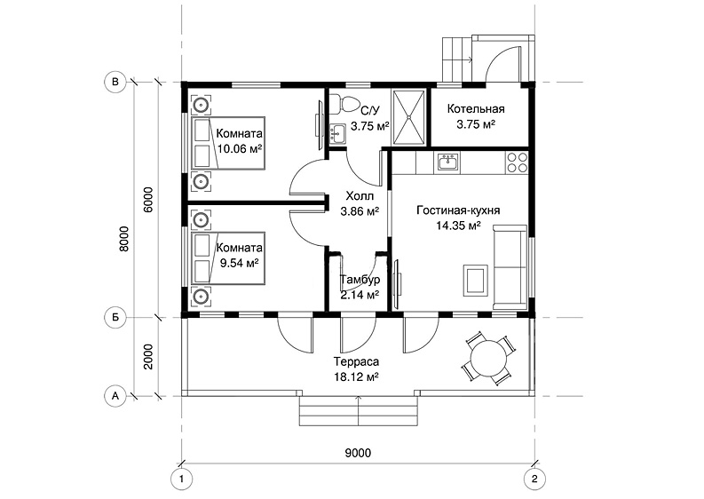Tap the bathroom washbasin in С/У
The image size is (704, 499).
coord(336,134)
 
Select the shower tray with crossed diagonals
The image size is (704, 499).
coord(408,118)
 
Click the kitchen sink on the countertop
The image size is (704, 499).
coord(447,162)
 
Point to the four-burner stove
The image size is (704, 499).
coord(517,162)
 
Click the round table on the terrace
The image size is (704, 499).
coord(487,359)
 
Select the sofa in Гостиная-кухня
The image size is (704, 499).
coord(510,266)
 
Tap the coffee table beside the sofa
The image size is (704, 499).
coord(476,279)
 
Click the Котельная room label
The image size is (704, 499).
coord(476,108)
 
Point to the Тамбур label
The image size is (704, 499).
coord(360,280)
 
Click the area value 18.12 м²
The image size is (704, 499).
coord(356,376)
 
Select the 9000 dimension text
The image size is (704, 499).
coord(358,453)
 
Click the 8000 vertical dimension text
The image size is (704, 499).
coord(124,239)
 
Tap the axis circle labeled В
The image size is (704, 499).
coord(115,82)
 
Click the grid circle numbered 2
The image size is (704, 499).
coord(534,479)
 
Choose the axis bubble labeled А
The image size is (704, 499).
coord(115,396)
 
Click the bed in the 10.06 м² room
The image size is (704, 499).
coord(228,143)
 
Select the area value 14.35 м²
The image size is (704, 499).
coord(458,225)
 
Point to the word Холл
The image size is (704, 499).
coord(360,196)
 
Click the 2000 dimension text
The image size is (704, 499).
coord(148,357)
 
